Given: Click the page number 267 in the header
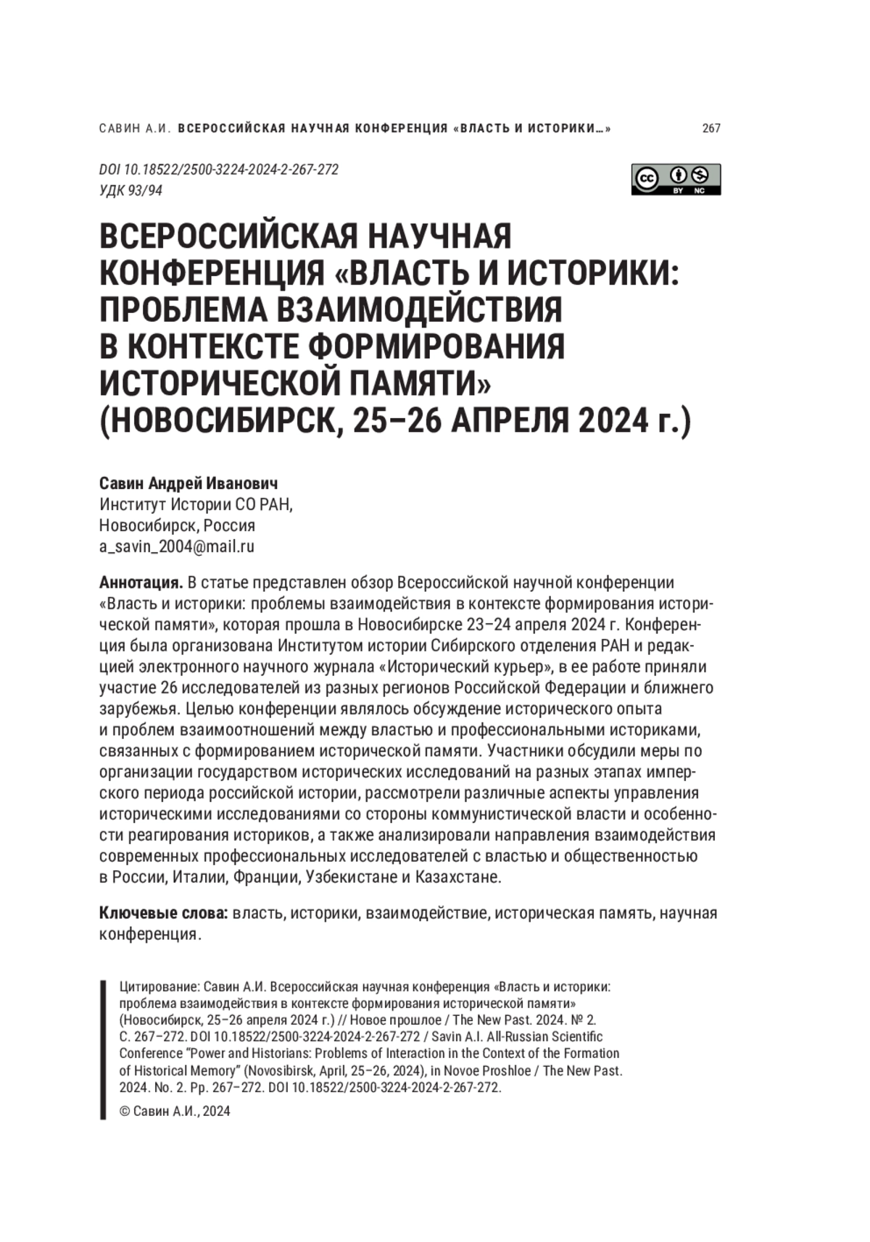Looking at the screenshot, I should (711, 128).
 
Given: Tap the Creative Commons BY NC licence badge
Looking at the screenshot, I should (676, 179).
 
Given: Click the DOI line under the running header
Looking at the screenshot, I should (219, 170).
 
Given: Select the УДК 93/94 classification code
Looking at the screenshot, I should (130, 191).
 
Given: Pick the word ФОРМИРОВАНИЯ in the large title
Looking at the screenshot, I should (436, 346).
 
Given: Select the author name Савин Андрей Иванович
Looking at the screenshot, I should (188, 483).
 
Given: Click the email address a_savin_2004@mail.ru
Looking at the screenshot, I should (177, 546).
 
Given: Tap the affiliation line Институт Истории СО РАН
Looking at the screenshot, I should (196, 504).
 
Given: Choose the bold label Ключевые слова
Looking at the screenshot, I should (164, 912).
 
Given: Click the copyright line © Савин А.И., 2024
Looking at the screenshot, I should (175, 1111).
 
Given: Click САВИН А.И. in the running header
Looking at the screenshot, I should (134, 128).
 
